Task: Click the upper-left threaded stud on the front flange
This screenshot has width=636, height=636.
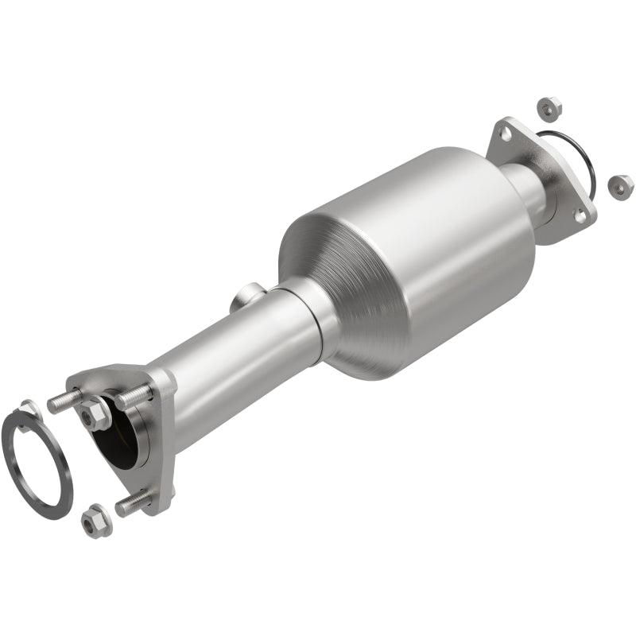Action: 62,401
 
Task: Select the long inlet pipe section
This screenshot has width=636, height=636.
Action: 231,350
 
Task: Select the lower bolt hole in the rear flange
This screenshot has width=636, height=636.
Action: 581,215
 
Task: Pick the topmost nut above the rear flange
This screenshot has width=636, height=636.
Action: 547,107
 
